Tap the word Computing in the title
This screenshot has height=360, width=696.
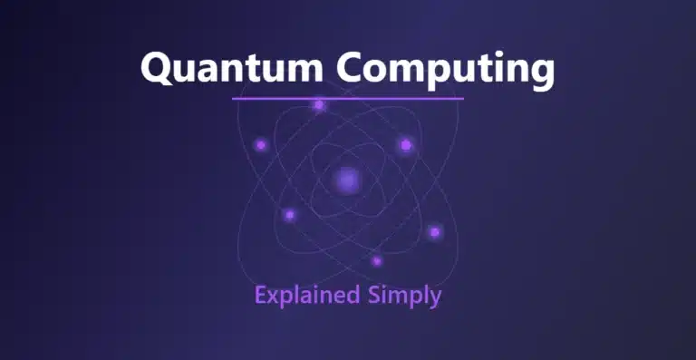pos(444,70)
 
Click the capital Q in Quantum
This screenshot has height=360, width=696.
pos(157,68)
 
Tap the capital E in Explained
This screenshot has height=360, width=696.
pos(260,295)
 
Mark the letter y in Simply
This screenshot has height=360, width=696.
pos(436,299)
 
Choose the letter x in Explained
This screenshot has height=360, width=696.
pos(273,297)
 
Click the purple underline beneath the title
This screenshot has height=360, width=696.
pos(347,98)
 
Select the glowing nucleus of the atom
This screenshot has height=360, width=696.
pos(347,180)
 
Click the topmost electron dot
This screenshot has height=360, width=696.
pos(319,105)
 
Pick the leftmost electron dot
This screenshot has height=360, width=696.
pos(261,144)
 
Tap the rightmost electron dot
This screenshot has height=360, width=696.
pos(435,232)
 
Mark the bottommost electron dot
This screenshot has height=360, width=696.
pos(377,261)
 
